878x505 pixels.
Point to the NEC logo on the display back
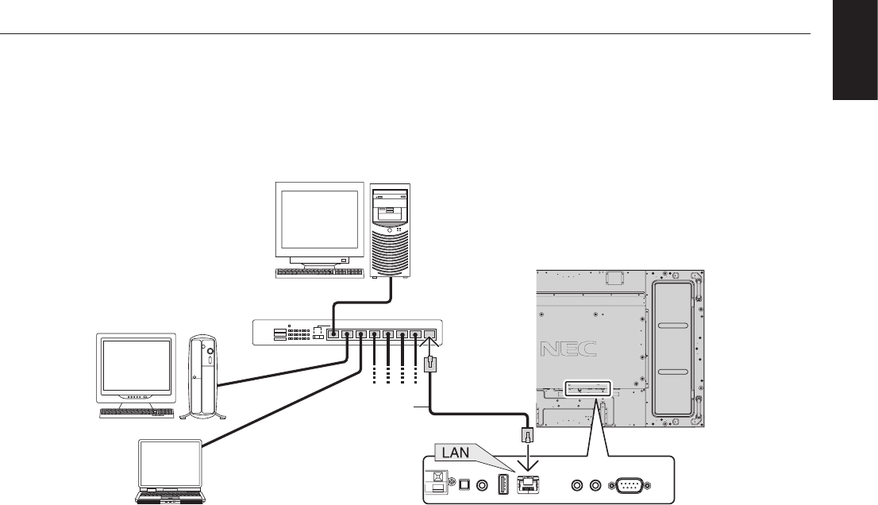click(566, 350)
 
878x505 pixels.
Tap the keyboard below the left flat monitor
click(137, 413)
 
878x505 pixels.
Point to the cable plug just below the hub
click(429, 366)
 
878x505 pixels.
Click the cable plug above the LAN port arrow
click(525, 435)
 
